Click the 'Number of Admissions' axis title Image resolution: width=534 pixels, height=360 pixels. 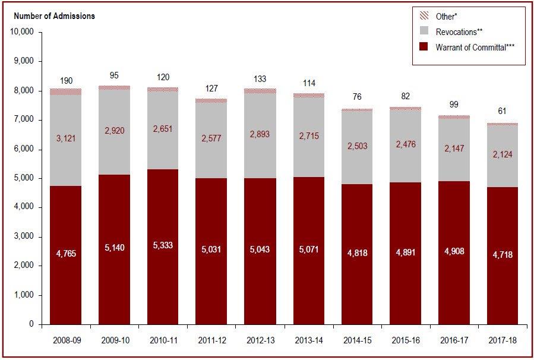(52, 16)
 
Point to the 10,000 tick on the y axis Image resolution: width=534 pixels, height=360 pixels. (23, 32)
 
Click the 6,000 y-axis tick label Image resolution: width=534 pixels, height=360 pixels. (26, 149)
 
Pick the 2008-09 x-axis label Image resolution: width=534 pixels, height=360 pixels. (66, 342)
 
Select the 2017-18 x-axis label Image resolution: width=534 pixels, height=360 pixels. (502, 342)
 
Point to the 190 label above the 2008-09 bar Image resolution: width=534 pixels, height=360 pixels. (66, 80)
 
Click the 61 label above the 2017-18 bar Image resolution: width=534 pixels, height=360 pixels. (502, 111)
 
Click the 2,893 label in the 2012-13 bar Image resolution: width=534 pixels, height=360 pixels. (260, 134)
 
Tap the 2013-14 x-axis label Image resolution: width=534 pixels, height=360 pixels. (308, 342)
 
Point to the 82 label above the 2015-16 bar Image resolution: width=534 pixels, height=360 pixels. (405, 96)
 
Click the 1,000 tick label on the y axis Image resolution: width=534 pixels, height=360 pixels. (26, 295)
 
